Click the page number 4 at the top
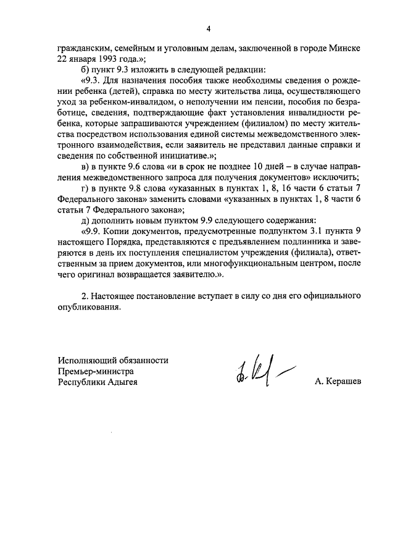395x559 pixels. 209,28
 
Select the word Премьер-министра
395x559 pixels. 96,371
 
